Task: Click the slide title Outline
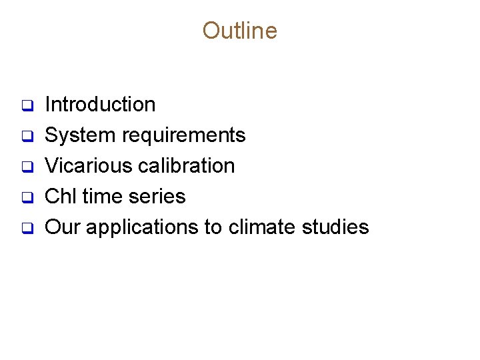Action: pyautogui.click(x=239, y=31)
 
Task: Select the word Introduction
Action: pyautogui.click(x=100, y=105)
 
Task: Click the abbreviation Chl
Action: pyautogui.click(x=59, y=197)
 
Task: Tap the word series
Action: pyautogui.click(x=159, y=197)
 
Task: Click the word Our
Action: pyautogui.click(x=63, y=227)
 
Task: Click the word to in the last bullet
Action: pyautogui.click(x=213, y=227)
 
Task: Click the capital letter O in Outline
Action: pyautogui.click(x=211, y=31)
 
